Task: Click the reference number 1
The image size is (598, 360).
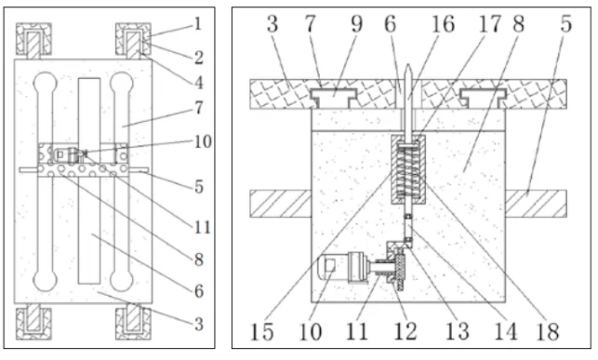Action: coord(197,23)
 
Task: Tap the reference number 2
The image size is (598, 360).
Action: coord(199,58)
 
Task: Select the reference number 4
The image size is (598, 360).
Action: coord(199,83)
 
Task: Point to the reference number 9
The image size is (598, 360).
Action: coord(356,23)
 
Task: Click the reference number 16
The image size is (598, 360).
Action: coord(443,23)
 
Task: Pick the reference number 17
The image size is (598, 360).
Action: coord(489,23)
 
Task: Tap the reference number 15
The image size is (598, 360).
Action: coord(262,331)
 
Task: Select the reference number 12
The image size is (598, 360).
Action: coord(405,331)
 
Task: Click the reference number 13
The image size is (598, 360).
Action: coord(458,331)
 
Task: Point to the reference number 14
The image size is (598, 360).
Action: coord(506,331)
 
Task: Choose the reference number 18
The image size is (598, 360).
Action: coord(548,331)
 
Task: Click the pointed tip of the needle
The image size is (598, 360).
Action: coord(407,65)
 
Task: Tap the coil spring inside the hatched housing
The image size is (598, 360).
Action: coord(407,168)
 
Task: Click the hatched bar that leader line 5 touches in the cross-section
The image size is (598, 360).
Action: coord(536,204)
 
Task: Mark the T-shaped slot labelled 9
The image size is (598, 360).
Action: coord(333,98)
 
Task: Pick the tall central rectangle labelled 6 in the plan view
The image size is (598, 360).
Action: coord(89,180)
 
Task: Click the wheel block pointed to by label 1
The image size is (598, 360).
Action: coord(133,39)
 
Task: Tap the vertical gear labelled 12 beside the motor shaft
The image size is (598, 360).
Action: coord(400,272)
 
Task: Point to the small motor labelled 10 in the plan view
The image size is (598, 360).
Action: coord(69,154)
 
